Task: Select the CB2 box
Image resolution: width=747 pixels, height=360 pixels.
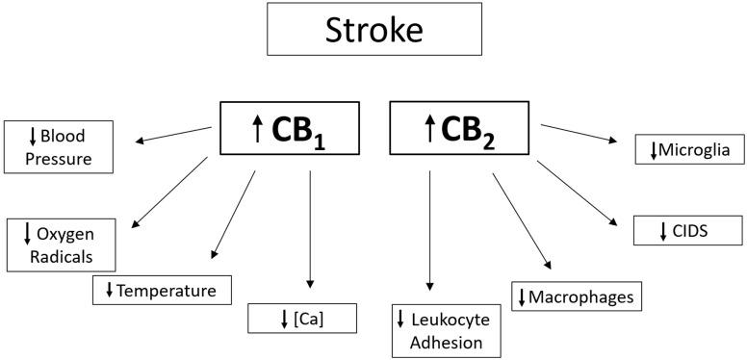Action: [x=455, y=128]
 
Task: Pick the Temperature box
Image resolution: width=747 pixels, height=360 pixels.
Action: [x=163, y=289]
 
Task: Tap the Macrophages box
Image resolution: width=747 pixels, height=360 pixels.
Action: [x=576, y=296]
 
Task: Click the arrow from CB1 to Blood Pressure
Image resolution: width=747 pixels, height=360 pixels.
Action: [x=173, y=135]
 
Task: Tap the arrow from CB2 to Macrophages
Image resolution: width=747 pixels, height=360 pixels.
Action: [x=523, y=220]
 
